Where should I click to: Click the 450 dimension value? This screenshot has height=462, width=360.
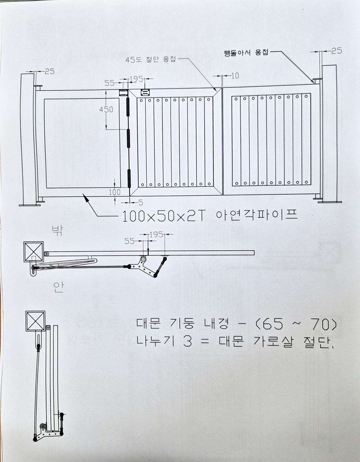tap(106, 109)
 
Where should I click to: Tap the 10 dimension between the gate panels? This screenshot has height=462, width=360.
tap(235, 75)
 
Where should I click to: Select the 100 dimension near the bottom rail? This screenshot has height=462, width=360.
tap(114, 192)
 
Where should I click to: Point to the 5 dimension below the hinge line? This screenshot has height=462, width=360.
tap(140, 202)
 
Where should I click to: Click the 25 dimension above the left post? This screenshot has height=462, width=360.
tap(49, 71)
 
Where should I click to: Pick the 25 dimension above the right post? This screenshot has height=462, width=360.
tap(336, 50)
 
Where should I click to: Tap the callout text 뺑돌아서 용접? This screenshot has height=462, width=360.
tap(246, 53)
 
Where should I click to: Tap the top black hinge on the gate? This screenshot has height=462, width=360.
tap(128, 108)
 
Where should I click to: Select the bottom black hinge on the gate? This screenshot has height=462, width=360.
tap(129, 178)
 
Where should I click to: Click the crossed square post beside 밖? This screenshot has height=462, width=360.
tap(33, 252)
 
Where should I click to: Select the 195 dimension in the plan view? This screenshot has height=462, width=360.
tap(156, 234)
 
